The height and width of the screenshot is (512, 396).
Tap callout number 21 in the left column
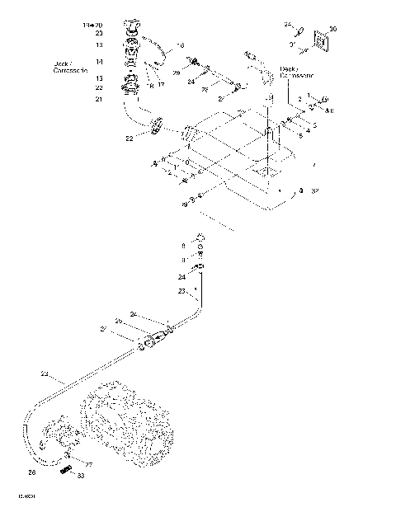click(98, 99)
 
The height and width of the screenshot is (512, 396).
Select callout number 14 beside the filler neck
click(98, 61)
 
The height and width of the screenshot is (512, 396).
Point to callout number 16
click(181, 45)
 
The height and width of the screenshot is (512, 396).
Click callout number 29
click(176, 73)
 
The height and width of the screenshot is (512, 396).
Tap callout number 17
click(161, 83)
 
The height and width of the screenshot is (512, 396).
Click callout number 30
click(332, 29)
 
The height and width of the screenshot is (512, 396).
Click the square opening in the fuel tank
click(267, 170)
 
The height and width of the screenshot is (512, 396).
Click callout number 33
click(80, 476)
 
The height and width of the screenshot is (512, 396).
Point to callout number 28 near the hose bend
click(31, 472)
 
